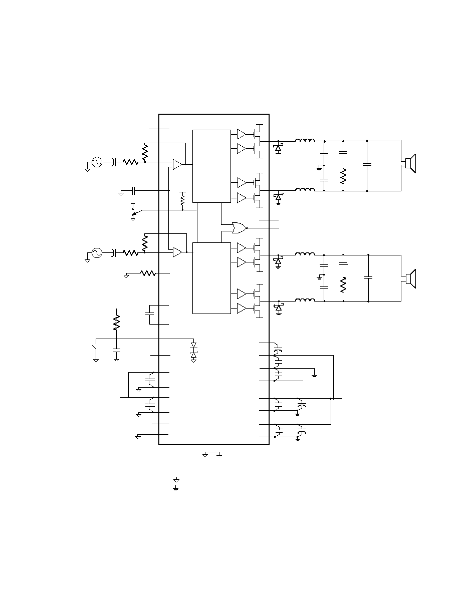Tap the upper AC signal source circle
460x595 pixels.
[95, 162]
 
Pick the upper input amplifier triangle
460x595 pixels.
[177, 164]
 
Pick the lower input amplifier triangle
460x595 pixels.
[177, 252]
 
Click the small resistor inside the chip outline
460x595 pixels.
[182, 199]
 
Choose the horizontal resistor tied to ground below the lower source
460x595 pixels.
[148, 273]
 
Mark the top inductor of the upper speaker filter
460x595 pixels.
[305, 141]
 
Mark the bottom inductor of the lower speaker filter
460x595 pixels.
[305, 301]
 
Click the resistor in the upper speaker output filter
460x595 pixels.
[343, 176]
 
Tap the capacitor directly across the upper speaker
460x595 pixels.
[367, 164]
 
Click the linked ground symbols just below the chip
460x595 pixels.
[212, 454]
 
